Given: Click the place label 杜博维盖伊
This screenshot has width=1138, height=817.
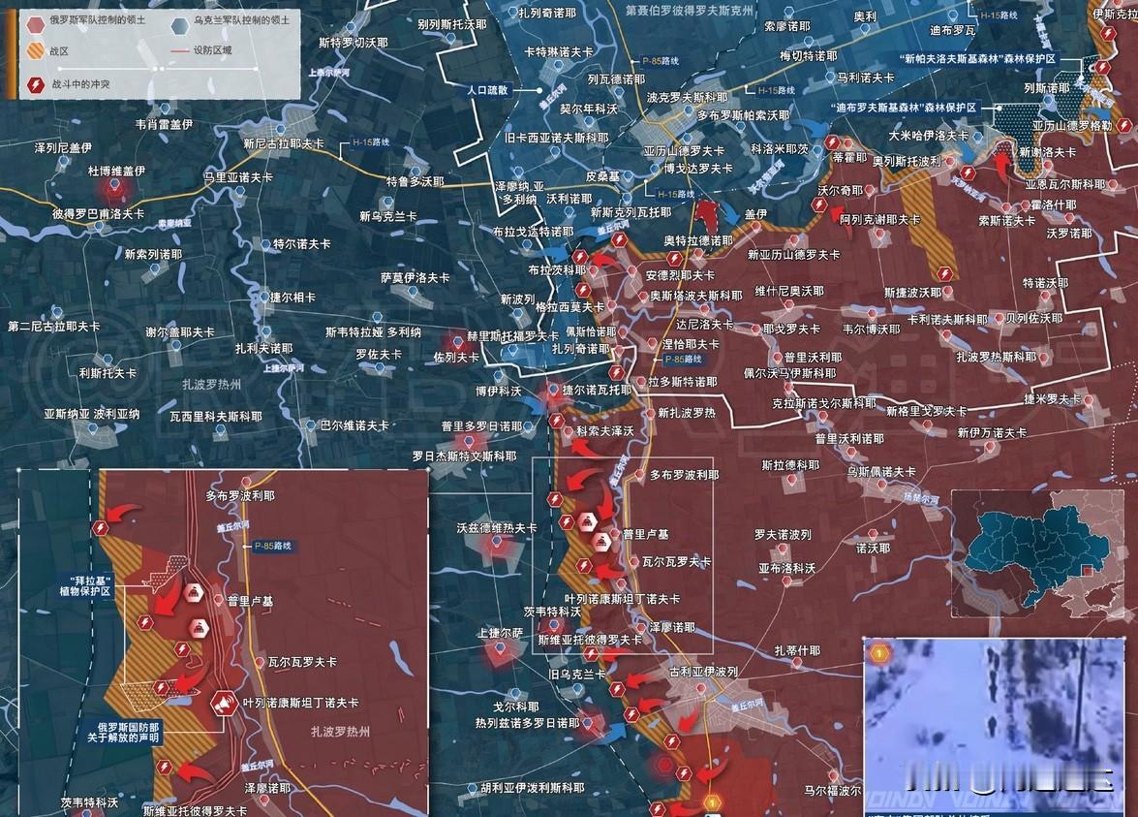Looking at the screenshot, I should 116,171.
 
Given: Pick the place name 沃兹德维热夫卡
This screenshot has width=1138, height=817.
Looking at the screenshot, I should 497,528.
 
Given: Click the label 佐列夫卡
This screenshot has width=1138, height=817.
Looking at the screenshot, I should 456,357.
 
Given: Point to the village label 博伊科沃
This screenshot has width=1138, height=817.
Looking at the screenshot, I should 499,391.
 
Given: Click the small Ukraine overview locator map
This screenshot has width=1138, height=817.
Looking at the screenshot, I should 1042,552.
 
